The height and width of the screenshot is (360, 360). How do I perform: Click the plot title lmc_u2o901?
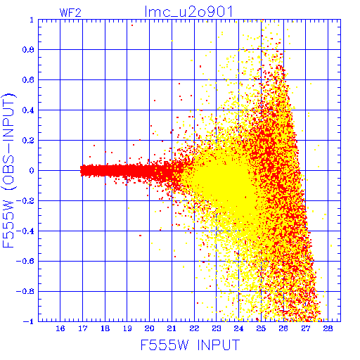click(x=188, y=12)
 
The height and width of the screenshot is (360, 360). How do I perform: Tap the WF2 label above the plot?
click(x=70, y=13)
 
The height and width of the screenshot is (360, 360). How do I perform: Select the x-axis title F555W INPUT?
click(x=190, y=345)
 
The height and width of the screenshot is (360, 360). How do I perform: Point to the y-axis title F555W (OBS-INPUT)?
click(x=8, y=170)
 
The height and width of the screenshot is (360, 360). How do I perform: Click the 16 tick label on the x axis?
click(x=60, y=328)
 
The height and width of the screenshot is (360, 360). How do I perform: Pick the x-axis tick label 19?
click(x=127, y=328)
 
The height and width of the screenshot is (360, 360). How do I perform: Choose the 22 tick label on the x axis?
click(x=194, y=328)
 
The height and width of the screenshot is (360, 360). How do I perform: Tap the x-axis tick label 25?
click(x=261, y=328)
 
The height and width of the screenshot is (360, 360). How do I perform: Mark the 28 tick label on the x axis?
click(x=328, y=328)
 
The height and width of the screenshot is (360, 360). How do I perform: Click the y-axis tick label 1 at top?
click(x=32, y=20)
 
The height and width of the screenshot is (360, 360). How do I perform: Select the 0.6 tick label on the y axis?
click(x=28, y=80)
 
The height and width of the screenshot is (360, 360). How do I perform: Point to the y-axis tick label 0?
click(x=32, y=171)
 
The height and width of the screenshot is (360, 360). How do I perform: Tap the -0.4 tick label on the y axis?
click(x=25, y=231)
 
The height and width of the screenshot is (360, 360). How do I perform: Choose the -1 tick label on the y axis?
click(x=29, y=321)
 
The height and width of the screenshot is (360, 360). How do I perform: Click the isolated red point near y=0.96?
click(x=132, y=25)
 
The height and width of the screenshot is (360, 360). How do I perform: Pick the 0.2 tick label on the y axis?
click(x=28, y=141)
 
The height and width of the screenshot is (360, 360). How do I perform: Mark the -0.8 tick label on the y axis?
click(x=25, y=291)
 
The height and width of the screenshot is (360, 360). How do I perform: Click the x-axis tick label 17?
click(x=83, y=328)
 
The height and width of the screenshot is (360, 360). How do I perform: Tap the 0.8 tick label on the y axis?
click(x=28, y=50)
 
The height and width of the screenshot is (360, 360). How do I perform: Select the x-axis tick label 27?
click(x=306, y=328)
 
